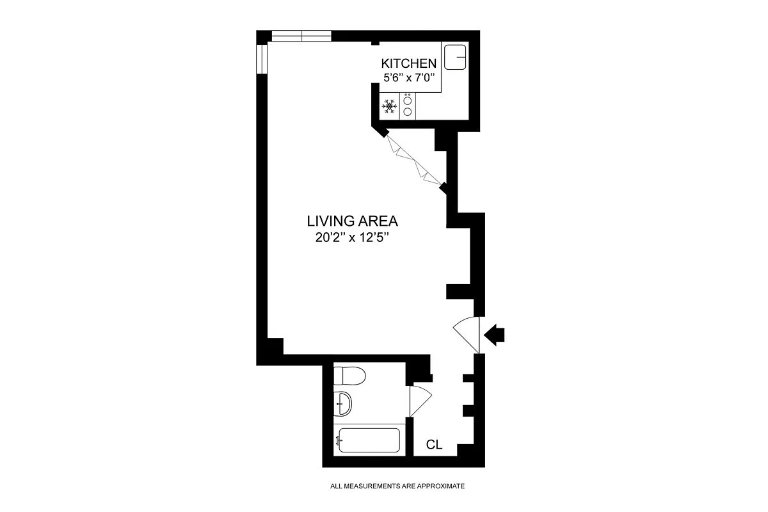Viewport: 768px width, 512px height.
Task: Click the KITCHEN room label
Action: click(409, 63)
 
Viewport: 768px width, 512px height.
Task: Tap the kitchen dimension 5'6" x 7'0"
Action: click(409, 78)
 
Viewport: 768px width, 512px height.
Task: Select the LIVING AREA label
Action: click(353, 221)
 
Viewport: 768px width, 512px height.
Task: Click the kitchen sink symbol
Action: click(456, 57)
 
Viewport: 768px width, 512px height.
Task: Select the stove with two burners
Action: click(408, 106)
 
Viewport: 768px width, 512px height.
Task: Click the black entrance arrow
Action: click(495, 335)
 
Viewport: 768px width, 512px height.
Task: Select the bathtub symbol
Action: click(369, 440)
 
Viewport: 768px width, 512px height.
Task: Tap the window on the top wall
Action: click(301, 35)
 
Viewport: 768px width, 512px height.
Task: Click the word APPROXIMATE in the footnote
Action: click(440, 486)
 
